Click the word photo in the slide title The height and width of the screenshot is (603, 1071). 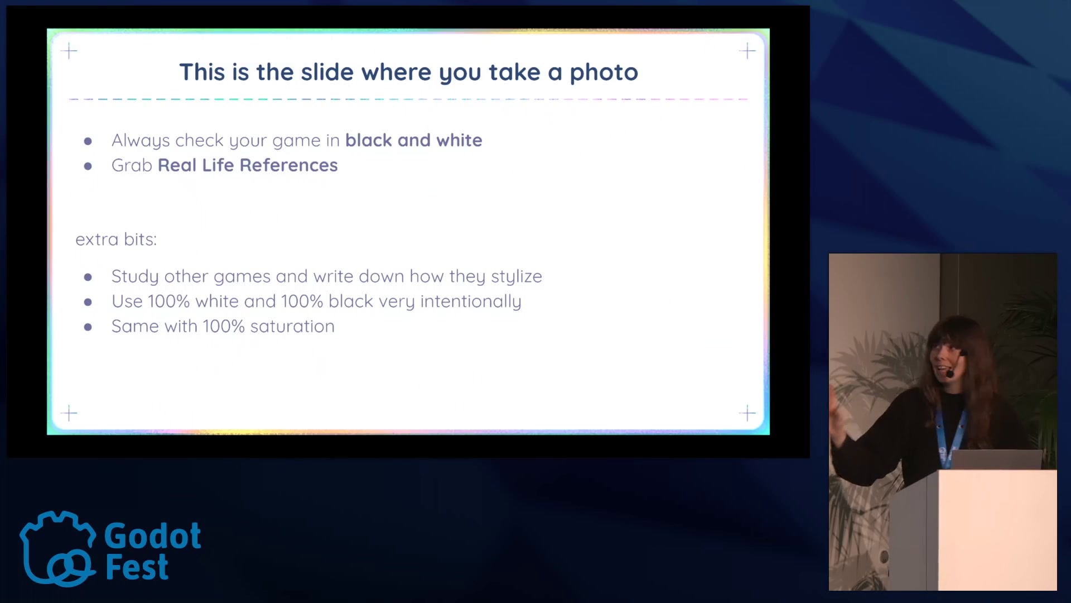(604, 73)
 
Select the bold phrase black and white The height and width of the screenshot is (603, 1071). (413, 140)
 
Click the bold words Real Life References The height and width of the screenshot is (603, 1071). (248, 165)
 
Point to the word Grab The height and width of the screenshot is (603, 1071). (132, 165)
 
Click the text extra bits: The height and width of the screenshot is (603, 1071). (116, 240)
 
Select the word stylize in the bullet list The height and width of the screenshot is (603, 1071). (516, 277)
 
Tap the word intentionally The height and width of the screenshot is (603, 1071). (471, 301)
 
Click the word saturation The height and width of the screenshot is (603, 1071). (292, 327)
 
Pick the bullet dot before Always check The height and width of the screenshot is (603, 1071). (88, 141)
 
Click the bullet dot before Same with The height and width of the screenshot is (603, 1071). (88, 327)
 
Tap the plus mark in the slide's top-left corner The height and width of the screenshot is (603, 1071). (69, 51)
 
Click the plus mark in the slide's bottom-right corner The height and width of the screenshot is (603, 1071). (747, 413)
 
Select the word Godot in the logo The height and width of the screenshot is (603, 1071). (153, 536)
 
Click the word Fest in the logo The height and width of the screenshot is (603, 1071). (137, 568)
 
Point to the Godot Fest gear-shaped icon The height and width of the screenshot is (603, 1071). (57, 548)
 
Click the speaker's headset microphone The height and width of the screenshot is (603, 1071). (950, 373)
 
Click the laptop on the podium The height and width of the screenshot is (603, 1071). (996, 460)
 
